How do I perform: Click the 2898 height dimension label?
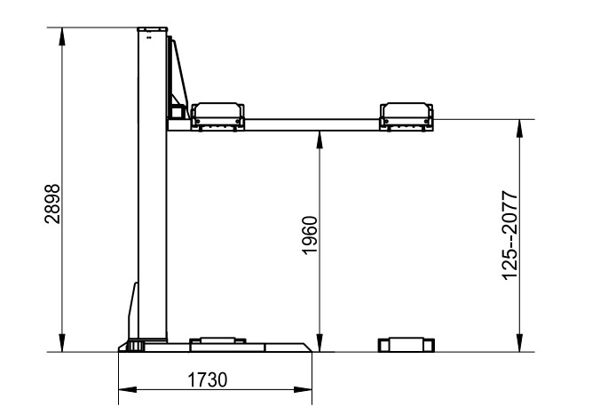coord(52,204)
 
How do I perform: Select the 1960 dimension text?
coord(310,235)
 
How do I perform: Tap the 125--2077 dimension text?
coord(509,235)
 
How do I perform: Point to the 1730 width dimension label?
coord(208,379)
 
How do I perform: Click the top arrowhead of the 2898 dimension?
coord(62,37)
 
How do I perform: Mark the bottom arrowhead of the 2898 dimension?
coord(62,343)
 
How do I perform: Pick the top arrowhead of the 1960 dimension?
coord(320,140)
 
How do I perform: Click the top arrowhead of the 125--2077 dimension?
coord(519,129)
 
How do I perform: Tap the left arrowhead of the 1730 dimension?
coord(128,389)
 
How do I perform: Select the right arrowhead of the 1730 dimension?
coord(303,389)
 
